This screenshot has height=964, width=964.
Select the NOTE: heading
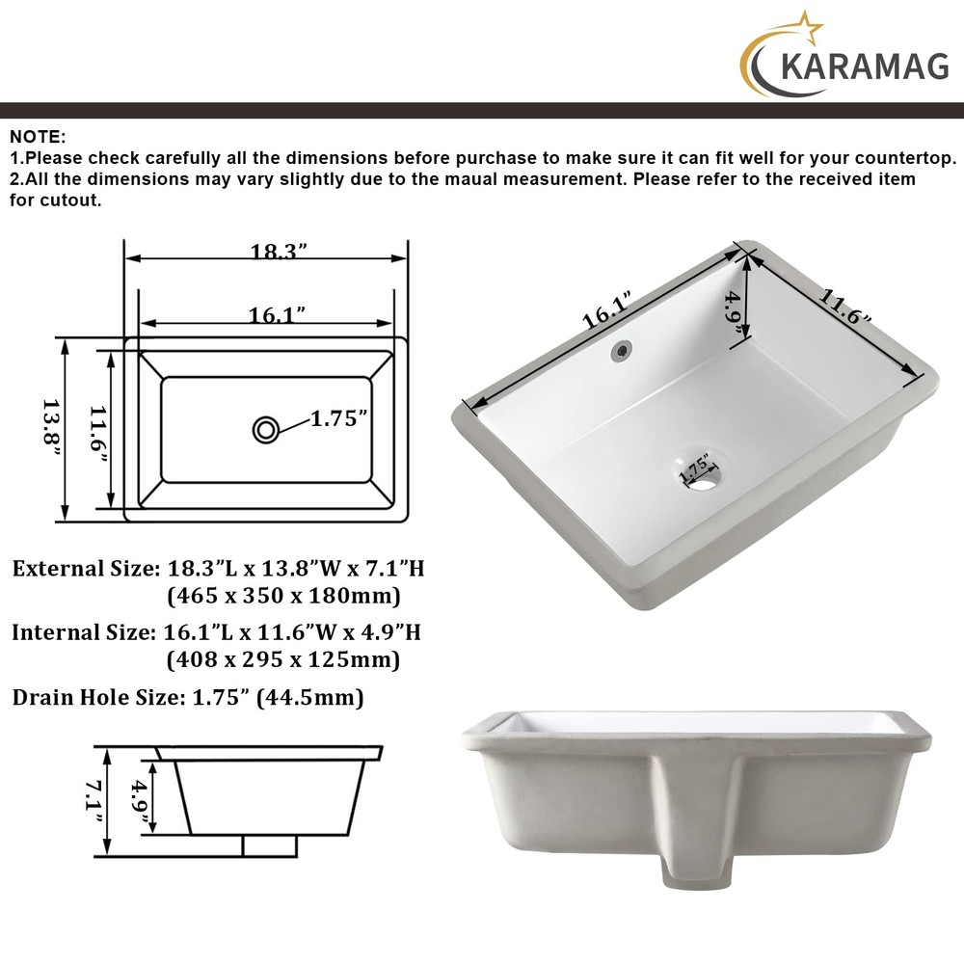(x=38, y=136)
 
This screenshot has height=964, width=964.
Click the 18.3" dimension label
(x=279, y=253)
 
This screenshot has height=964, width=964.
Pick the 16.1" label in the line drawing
(x=277, y=313)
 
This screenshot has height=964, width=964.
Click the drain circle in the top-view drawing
(x=266, y=429)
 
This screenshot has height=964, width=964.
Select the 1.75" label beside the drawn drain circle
(x=338, y=419)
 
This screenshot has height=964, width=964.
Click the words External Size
(x=85, y=569)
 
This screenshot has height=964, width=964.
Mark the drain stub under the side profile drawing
(x=269, y=845)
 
